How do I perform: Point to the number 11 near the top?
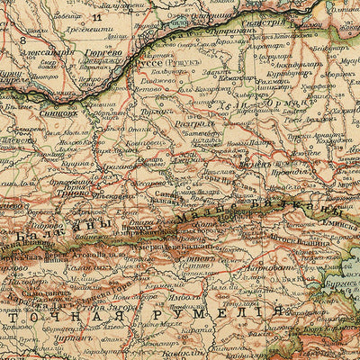(x=96, y=16)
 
